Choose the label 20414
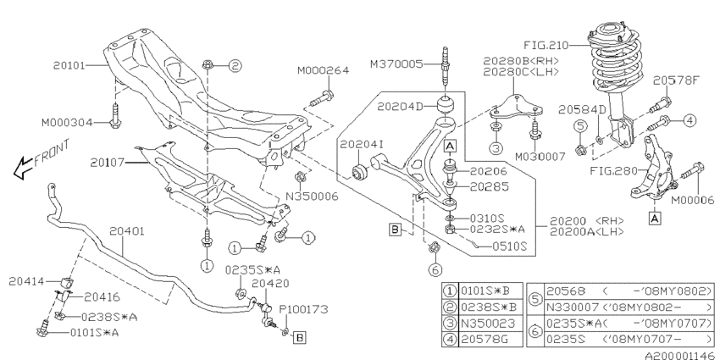[27, 280]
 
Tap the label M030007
[539, 157]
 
